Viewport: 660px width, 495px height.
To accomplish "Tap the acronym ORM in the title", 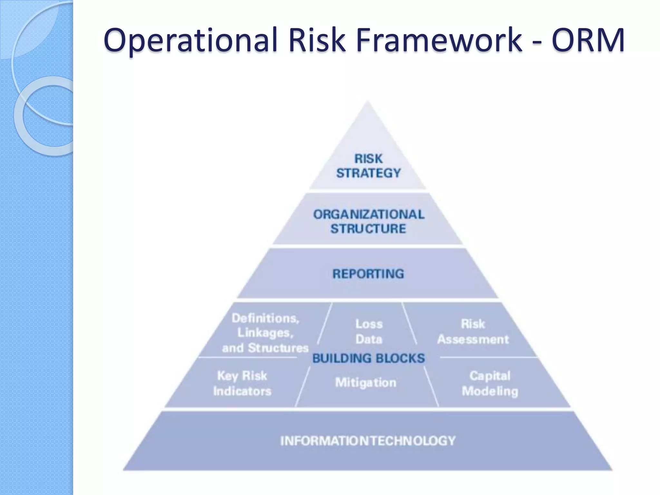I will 588,40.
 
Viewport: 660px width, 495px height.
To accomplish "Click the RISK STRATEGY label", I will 368,166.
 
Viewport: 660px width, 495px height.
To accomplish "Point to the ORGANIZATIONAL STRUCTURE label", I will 368,221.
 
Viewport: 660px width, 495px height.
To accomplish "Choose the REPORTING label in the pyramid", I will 368,274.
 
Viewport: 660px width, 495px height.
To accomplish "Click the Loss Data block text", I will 369,332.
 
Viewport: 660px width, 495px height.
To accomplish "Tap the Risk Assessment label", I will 473,332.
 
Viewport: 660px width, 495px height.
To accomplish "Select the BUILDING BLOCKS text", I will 368,358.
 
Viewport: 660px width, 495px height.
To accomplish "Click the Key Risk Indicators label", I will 242,383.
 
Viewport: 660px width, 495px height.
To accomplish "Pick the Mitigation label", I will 366,383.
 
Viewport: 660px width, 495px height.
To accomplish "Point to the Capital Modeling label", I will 490,383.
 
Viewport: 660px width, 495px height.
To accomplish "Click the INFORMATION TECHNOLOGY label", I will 368,441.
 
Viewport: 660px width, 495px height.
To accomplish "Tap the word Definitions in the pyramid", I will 265,318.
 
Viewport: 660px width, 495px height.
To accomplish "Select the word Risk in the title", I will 316,40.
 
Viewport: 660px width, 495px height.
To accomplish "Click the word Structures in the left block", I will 278,348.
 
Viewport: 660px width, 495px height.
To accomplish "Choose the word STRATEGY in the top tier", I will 368,173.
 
